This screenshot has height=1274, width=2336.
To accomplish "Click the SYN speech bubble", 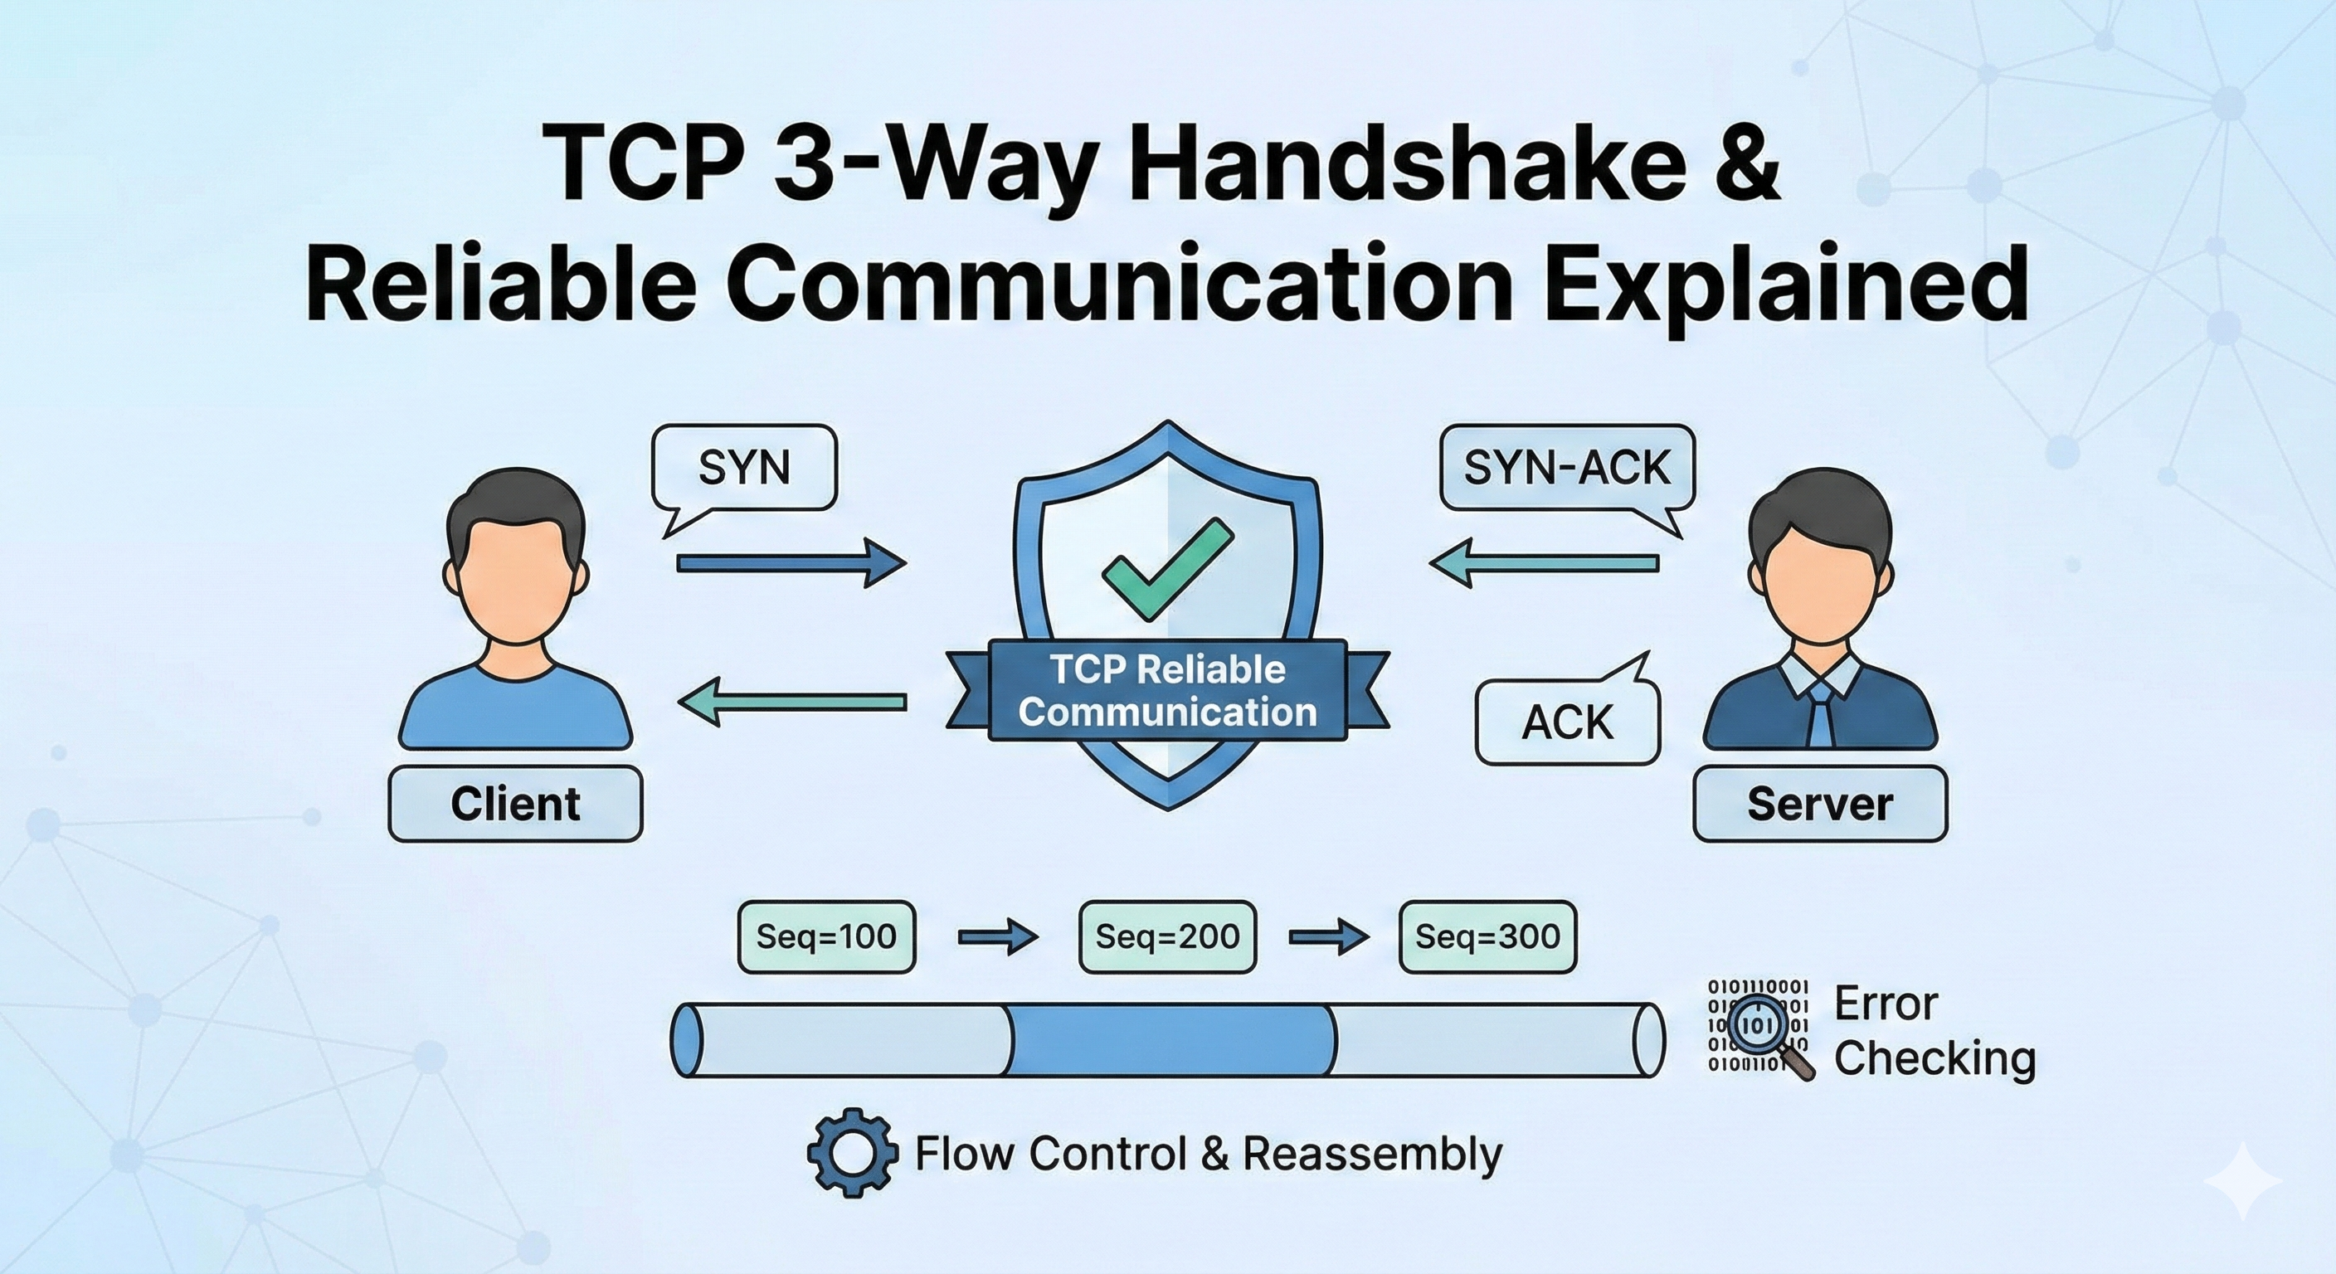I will click(x=743, y=467).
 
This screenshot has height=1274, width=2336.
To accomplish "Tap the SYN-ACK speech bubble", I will click(x=1566, y=467).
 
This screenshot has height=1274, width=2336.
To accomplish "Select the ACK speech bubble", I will click(x=1567, y=722).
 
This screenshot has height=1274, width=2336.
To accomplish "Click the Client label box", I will click(x=515, y=805).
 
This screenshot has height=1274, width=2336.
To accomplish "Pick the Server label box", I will click(x=1819, y=805).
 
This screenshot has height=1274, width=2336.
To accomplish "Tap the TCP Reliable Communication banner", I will click(x=1167, y=691).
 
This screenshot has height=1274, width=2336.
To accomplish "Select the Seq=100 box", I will click(x=826, y=936).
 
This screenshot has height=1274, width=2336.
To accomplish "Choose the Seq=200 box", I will click(x=1167, y=936).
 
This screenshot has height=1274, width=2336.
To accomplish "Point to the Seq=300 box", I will click(x=1487, y=936).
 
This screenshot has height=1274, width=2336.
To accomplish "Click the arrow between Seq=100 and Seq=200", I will click(x=997, y=936).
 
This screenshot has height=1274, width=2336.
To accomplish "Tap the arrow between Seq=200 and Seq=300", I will click(x=1328, y=936).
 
